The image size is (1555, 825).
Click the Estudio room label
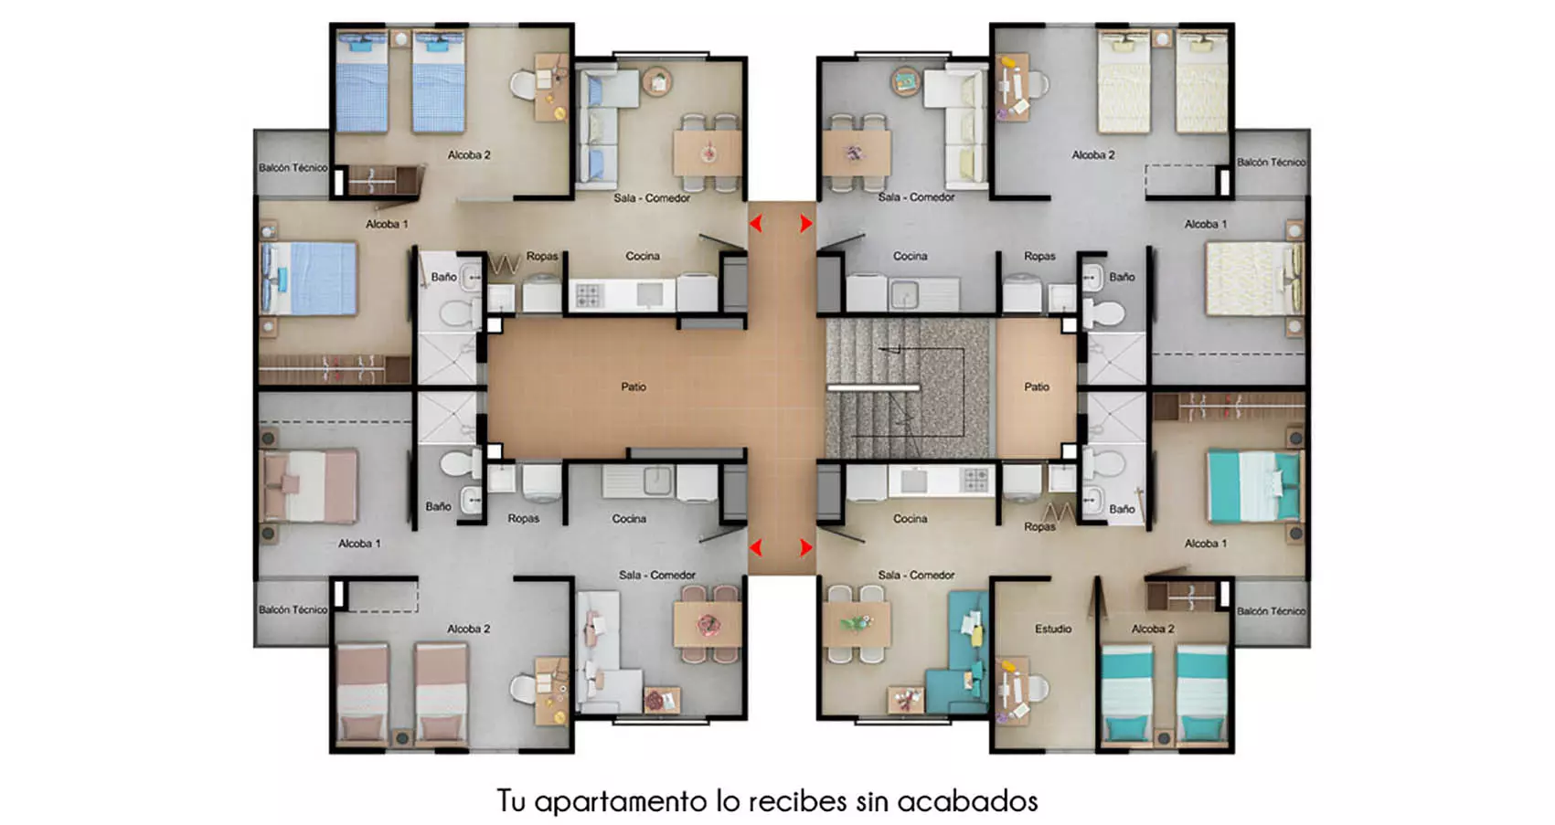tap(1052, 629)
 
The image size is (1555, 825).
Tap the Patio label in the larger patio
tap(634, 386)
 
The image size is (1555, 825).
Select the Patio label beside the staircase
tap(1037, 386)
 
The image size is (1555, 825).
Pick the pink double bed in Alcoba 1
tap(309, 486)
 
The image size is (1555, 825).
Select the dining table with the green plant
tap(857, 625)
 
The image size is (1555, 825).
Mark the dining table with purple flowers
tap(857, 153)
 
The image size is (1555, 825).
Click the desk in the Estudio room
tap(1011, 692)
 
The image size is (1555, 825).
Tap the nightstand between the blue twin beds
tap(400, 39)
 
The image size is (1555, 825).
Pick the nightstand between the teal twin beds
tap(1164, 737)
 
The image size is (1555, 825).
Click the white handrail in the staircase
tap(873, 388)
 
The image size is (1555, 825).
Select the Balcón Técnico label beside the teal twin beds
tap(1271, 611)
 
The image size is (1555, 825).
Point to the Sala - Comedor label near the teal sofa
tap(916, 576)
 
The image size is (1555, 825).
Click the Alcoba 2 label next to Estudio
tap(1153, 629)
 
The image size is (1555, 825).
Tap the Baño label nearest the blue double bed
tap(443, 277)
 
